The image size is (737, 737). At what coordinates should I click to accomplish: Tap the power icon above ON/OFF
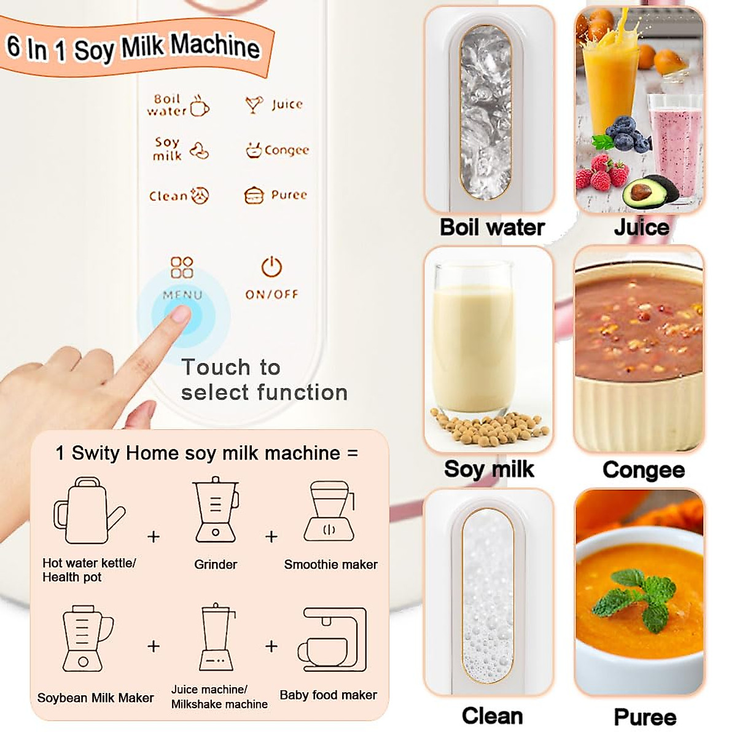click(x=271, y=267)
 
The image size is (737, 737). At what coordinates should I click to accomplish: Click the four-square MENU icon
click(x=182, y=268)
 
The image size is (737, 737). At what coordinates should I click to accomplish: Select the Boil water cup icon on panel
click(x=200, y=106)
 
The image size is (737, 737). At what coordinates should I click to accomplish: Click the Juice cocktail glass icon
click(x=254, y=104)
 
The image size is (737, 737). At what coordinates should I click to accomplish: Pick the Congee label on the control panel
click(x=286, y=150)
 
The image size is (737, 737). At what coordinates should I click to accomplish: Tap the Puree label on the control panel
click(x=289, y=195)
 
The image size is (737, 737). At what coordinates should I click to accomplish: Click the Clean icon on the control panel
click(x=200, y=195)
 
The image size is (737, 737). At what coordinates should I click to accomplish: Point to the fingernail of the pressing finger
click(x=179, y=315)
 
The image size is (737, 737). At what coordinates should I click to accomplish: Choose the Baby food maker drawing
click(x=332, y=640)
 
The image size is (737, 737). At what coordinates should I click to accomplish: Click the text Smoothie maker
click(x=330, y=564)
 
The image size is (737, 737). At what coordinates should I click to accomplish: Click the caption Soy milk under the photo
click(x=489, y=469)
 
